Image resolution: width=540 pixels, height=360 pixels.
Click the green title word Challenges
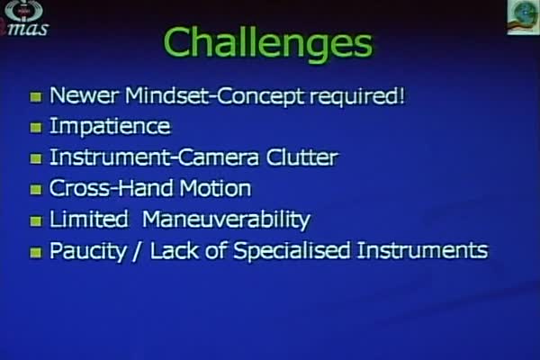tap(268, 43)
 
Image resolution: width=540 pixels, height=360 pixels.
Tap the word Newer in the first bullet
tap(85, 95)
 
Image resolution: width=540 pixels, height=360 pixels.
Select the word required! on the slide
tap(357, 96)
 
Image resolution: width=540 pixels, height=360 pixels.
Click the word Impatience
tap(110, 127)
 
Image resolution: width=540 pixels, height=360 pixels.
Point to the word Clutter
tap(302, 157)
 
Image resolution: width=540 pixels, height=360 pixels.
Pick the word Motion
tap(216, 188)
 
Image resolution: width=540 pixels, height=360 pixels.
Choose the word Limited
tap(89, 219)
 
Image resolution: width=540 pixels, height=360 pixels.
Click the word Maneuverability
tap(226, 220)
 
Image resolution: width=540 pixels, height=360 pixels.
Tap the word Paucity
tap(88, 251)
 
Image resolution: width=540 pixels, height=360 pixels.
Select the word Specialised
tap(292, 251)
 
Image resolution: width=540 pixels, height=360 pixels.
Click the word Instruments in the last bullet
tap(423, 250)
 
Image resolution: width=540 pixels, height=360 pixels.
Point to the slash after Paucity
tap(137, 251)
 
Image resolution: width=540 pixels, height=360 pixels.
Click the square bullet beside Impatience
tap(36, 128)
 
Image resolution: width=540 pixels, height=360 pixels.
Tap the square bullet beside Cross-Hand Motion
tap(36, 190)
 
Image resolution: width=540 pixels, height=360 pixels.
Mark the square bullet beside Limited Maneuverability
tap(36, 221)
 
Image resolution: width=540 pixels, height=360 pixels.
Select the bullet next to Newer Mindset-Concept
tap(36, 97)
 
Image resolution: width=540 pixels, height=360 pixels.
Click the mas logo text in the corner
tap(27, 29)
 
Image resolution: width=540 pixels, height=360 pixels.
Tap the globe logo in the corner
tap(523, 16)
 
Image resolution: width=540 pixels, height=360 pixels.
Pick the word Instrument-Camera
tap(154, 157)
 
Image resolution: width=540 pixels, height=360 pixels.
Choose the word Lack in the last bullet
tap(175, 250)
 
